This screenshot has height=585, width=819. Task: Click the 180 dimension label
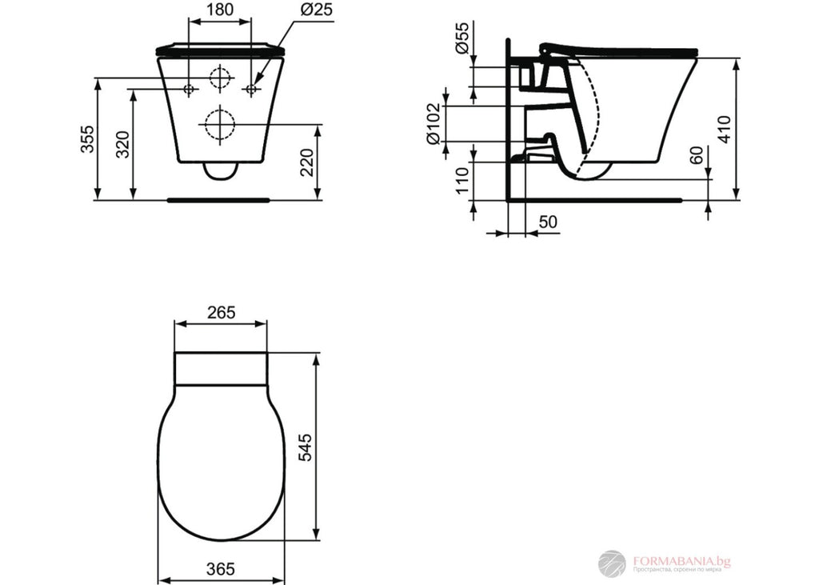[x=218, y=10]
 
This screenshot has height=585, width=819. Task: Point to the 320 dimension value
[x=122, y=144]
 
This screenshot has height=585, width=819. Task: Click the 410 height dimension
[x=724, y=129]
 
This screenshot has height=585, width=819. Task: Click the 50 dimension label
[x=547, y=221]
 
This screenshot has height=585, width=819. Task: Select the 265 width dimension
[x=220, y=312]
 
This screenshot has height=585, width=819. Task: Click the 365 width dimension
[x=220, y=569]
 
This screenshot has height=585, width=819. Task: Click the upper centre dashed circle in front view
[x=219, y=78]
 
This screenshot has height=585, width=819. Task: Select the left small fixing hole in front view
[x=189, y=89]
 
